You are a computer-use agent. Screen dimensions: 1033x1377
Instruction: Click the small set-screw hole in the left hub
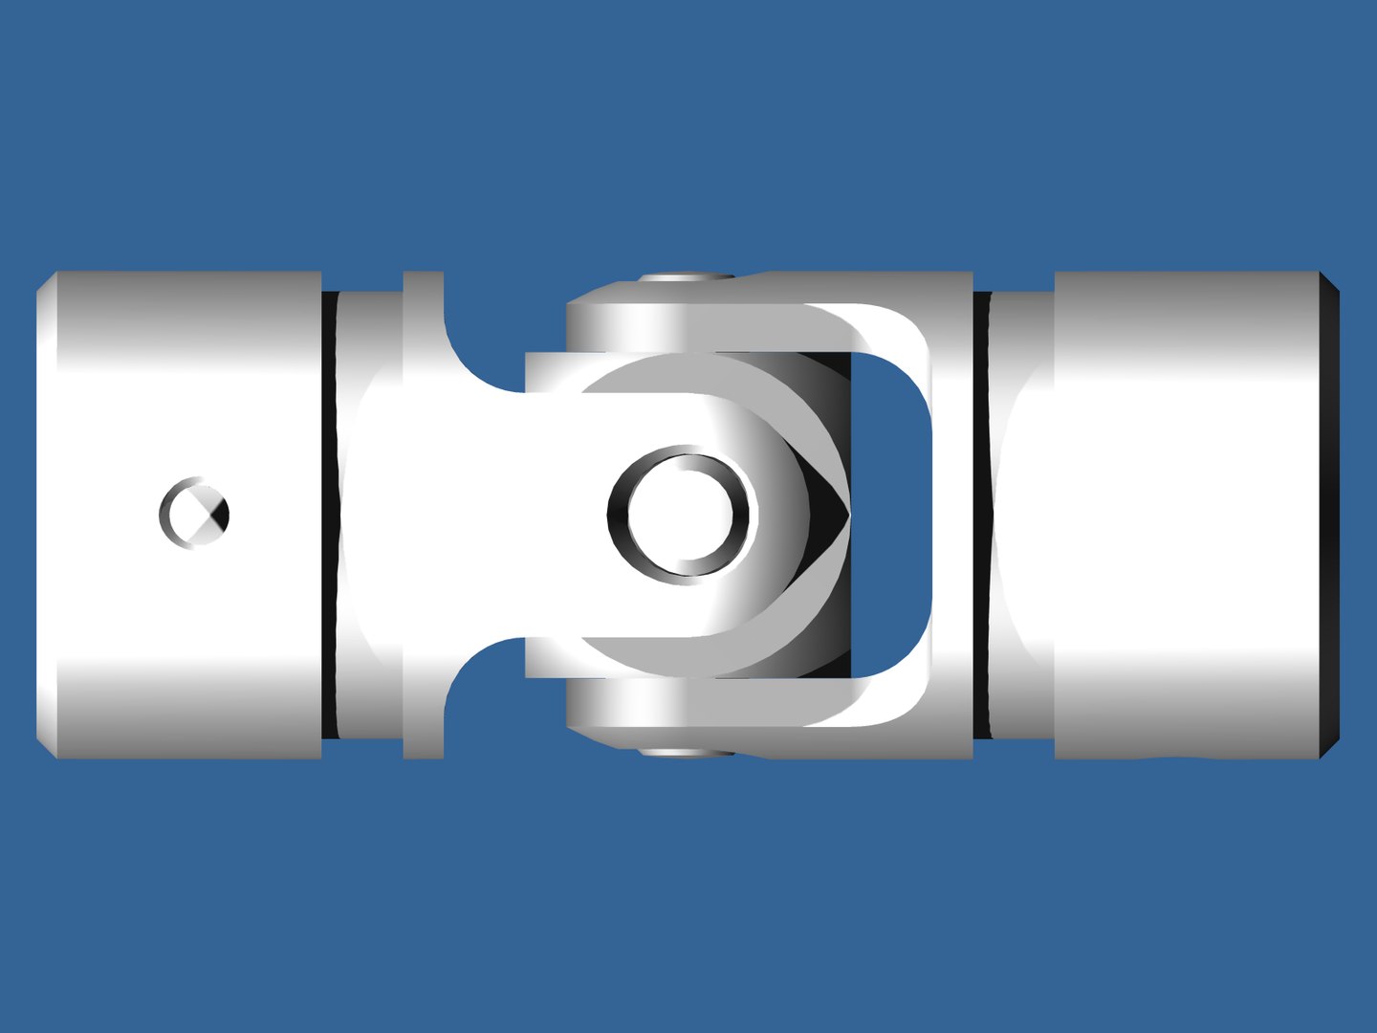[194, 514]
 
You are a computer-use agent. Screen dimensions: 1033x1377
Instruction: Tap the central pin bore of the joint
[682, 515]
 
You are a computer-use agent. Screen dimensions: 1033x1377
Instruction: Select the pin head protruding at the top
[686, 277]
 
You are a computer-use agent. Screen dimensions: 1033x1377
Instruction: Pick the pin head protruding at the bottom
[686, 753]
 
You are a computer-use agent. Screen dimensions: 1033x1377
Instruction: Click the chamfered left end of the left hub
[46, 515]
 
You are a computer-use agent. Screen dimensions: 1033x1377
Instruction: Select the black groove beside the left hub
[329, 515]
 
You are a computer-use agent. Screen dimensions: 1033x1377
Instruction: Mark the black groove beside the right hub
[982, 515]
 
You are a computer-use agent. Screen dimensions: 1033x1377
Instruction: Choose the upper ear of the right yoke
[622, 325]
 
